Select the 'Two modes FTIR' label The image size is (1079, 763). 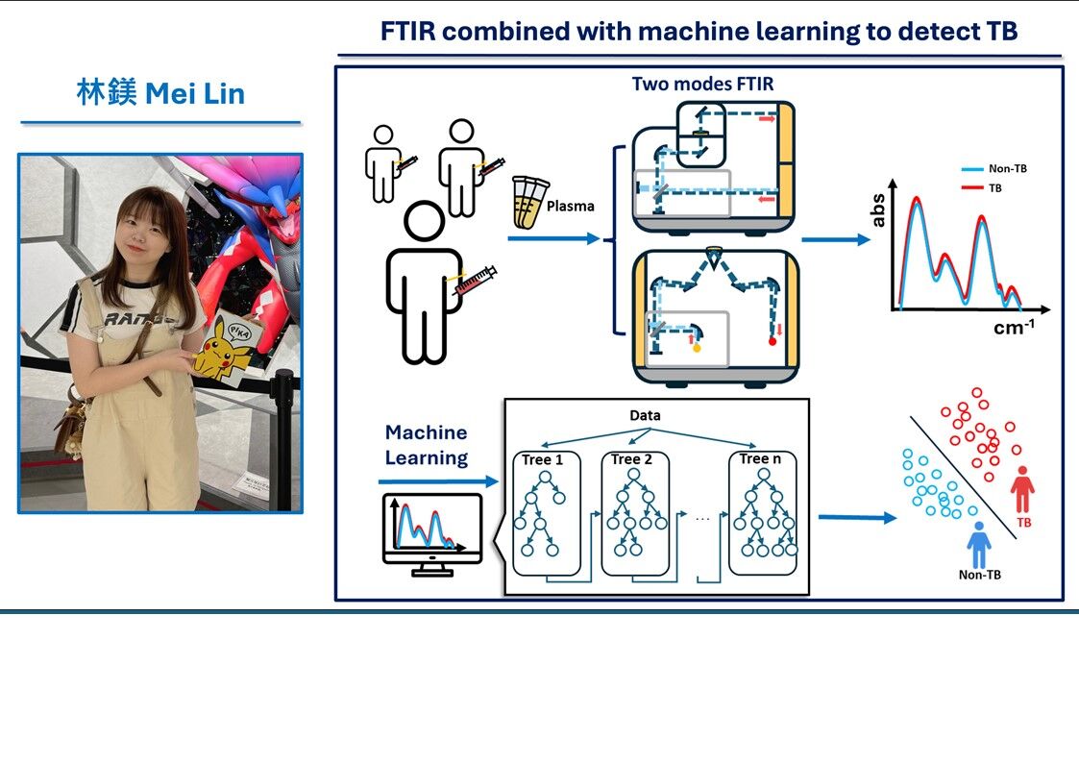[701, 84]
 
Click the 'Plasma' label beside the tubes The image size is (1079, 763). [570, 205]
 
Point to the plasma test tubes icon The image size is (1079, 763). [527, 202]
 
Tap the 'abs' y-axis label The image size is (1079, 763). [877, 210]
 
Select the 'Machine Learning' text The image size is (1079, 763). [426, 445]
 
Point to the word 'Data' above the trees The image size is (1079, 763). [645, 416]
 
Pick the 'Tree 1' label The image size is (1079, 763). [543, 459]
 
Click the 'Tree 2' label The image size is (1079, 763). [632, 459]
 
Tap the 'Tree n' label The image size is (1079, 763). [761, 459]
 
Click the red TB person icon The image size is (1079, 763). [1022, 489]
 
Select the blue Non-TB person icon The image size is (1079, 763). [979, 544]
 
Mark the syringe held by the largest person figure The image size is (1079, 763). [476, 281]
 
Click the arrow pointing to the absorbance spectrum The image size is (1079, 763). [835, 240]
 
